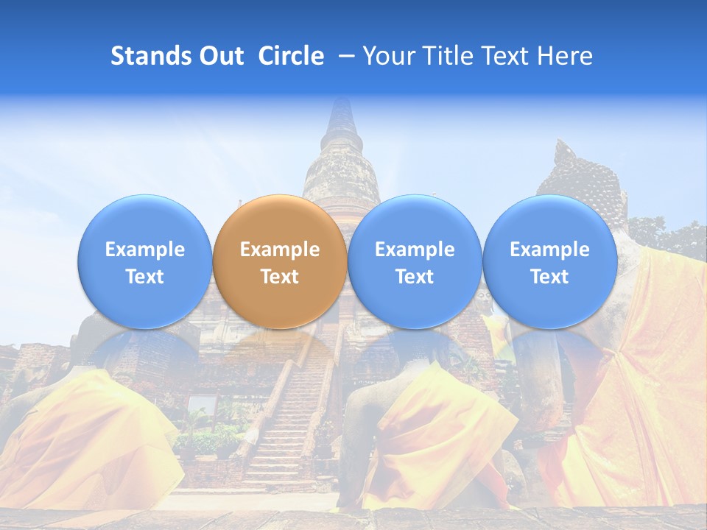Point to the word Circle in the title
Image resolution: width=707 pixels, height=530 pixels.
(x=291, y=56)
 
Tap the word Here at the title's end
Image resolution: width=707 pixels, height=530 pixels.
(x=567, y=56)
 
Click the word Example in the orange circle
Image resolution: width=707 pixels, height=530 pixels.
(x=280, y=250)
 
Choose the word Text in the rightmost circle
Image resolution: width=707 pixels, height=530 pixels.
(x=549, y=277)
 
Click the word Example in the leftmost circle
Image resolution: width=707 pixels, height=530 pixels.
(x=144, y=250)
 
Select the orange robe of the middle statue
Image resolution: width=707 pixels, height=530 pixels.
(x=435, y=442)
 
